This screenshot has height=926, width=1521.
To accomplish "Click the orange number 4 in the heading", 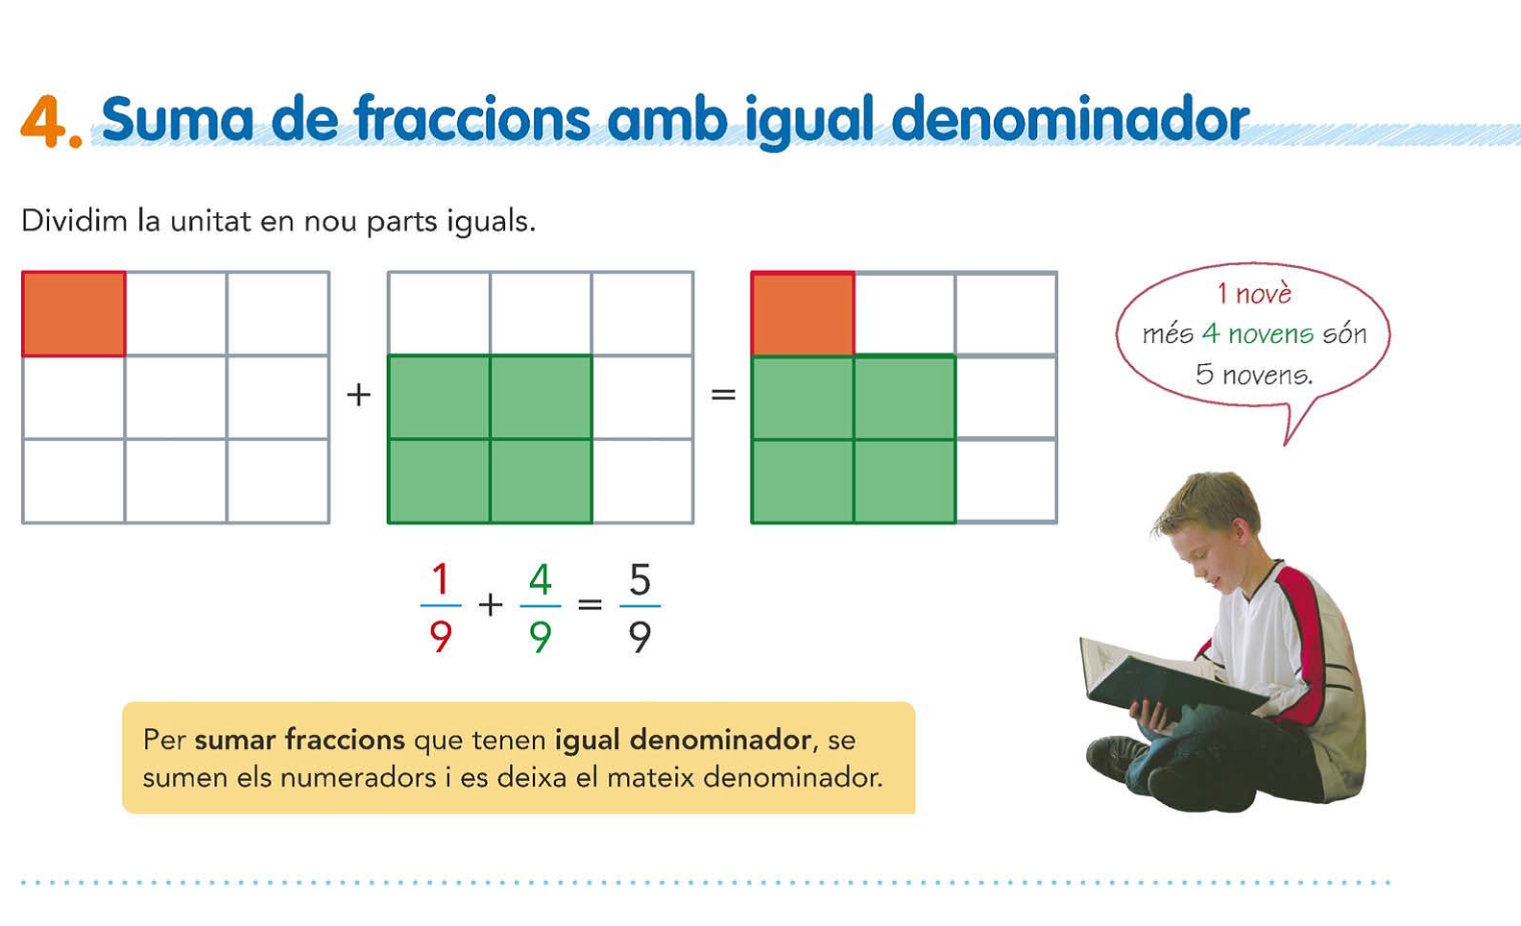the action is [x=45, y=121].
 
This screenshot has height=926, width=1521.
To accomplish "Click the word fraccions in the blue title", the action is [x=471, y=118].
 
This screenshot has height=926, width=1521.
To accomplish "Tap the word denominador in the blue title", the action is [x=1070, y=118].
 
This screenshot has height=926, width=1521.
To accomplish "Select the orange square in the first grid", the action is [x=73, y=314].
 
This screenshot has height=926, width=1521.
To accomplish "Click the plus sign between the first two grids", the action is [x=358, y=395].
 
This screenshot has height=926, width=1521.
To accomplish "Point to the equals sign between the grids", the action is [x=723, y=394].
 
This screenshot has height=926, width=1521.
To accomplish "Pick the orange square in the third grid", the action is [x=803, y=314].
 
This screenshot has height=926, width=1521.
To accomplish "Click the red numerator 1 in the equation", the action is [x=441, y=579].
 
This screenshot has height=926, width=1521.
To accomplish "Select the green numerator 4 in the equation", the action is [x=541, y=579].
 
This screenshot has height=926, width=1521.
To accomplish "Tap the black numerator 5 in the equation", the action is [x=640, y=579].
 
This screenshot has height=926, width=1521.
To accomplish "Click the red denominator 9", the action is [x=441, y=637].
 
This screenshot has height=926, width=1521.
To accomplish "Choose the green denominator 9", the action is [x=541, y=637].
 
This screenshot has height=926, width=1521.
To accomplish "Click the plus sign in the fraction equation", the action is [x=491, y=604].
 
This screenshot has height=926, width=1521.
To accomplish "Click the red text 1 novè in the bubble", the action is [x=1254, y=294].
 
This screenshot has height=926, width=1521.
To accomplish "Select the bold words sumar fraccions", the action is [x=300, y=740].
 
